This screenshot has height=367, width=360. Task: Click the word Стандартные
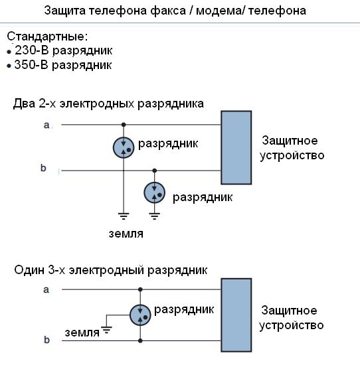pos(47,37)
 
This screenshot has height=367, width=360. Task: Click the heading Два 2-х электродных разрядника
pos(108,104)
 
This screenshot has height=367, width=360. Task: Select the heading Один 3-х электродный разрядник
pos(111,270)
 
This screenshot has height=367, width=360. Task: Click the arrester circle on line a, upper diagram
pos(124,147)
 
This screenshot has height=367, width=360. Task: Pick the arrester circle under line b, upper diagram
pos(154,192)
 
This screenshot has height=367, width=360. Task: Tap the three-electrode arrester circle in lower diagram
pos(140,315)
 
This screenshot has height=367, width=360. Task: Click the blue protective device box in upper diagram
pos(236,148)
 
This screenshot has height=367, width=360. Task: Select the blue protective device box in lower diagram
pos(236,315)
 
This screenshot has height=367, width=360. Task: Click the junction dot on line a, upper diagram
pos(124,125)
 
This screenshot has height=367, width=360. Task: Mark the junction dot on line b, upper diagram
pos(154,171)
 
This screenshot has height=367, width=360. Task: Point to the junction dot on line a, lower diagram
pos(140,289)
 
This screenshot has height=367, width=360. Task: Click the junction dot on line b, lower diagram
pos(140,341)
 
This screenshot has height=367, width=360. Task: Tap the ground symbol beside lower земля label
pos(106,330)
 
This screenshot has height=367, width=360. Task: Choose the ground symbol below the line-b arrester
pos(154,216)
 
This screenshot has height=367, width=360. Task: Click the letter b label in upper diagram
pos(43,168)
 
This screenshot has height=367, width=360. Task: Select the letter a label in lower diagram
pos(46,290)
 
